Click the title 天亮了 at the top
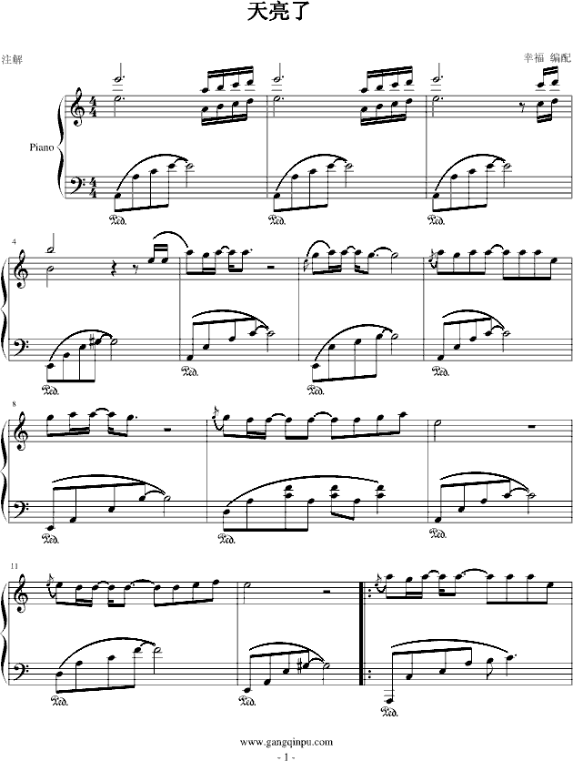click(x=278, y=12)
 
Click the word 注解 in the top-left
click(x=12, y=60)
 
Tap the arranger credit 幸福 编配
click(x=547, y=57)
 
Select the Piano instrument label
click(x=42, y=147)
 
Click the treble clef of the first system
click(x=76, y=107)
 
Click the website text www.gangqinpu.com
click(x=286, y=741)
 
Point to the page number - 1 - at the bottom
click(x=286, y=756)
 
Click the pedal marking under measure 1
click(x=119, y=219)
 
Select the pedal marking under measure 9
click(x=227, y=537)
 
